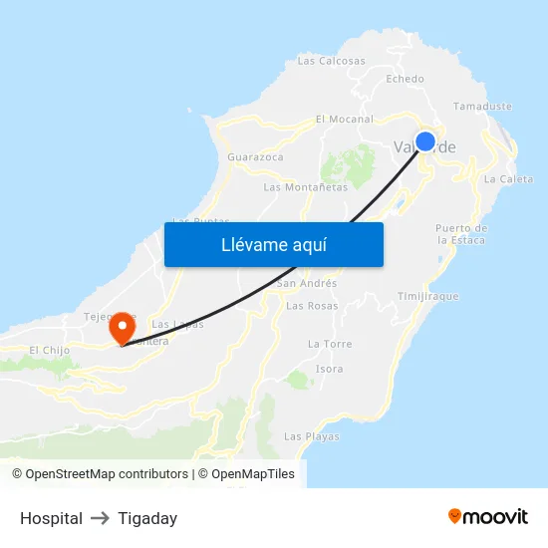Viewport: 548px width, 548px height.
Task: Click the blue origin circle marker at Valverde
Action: (x=425, y=141)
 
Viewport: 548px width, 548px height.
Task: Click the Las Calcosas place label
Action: (x=332, y=61)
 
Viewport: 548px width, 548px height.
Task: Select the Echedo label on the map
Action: (x=405, y=79)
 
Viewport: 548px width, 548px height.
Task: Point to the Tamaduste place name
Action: (x=482, y=106)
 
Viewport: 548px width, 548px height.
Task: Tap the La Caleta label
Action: (x=508, y=179)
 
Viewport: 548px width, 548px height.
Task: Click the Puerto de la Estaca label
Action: (x=460, y=234)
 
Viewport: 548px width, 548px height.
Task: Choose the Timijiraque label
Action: (x=427, y=297)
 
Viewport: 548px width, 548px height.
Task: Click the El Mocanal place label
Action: (x=344, y=119)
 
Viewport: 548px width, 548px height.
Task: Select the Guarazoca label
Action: (x=255, y=157)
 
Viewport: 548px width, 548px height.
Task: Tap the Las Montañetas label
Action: (x=306, y=187)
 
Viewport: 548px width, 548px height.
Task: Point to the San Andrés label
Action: (x=306, y=283)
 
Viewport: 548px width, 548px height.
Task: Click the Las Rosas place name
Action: (x=312, y=306)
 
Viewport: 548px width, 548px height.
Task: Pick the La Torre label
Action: (x=330, y=344)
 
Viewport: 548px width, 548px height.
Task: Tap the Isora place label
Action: (x=329, y=369)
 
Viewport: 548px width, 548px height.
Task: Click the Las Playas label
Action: (x=312, y=436)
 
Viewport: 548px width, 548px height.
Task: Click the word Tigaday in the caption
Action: (x=147, y=518)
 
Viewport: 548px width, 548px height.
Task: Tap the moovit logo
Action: (x=488, y=516)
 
